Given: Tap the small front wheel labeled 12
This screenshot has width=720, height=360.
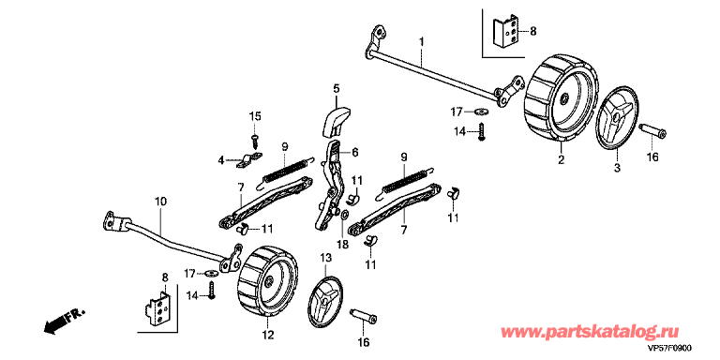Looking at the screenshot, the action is click(267, 281).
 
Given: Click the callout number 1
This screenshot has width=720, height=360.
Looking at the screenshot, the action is click(422, 43).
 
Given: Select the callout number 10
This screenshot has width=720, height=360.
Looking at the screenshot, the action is click(161, 202).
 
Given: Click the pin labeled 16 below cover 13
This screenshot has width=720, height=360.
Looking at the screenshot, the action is click(363, 315).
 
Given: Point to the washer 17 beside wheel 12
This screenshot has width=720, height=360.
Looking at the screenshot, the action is click(213, 273).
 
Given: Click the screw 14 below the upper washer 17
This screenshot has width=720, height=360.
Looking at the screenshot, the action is click(482, 132).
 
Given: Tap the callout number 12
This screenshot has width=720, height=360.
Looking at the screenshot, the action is click(268, 335).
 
